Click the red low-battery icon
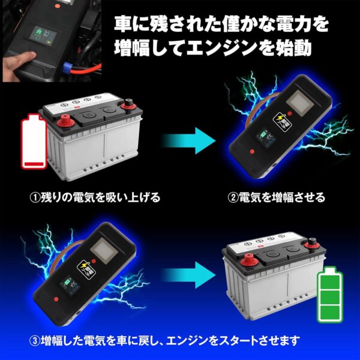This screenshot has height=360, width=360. (x=32, y=143)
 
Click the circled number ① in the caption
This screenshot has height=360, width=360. (x=35, y=198)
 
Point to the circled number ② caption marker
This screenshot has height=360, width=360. (x=233, y=197)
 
